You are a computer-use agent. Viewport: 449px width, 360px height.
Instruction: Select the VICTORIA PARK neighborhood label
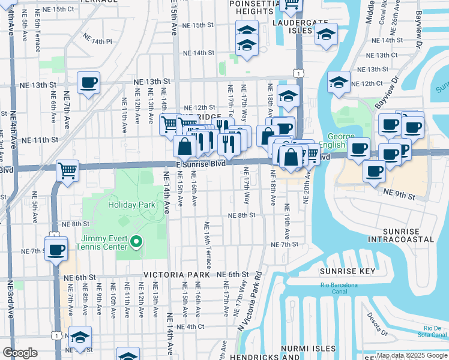[x=176, y=275]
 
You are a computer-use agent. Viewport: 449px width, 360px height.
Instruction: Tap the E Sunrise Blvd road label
[x=200, y=163]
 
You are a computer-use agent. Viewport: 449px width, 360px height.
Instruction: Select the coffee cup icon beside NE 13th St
[x=88, y=83]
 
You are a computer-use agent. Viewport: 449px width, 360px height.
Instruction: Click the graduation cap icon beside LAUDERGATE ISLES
[x=325, y=36]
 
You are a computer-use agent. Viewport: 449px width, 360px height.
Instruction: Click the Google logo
[x=20, y=353]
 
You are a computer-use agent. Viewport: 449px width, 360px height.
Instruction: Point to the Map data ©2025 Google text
[x=412, y=355]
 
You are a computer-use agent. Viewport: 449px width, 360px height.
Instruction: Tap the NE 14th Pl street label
[x=98, y=41]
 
